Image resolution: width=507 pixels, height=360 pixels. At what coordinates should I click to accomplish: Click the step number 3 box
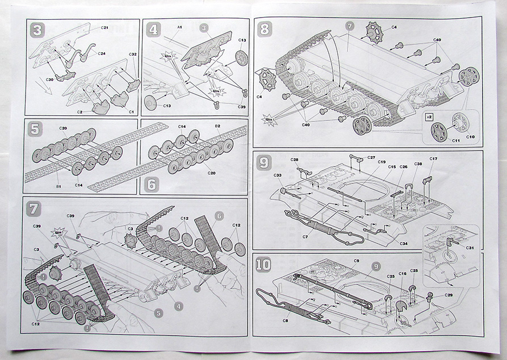pyautogui.click(x=37, y=30)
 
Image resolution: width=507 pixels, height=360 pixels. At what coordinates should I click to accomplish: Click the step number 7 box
pyautogui.click(x=35, y=208)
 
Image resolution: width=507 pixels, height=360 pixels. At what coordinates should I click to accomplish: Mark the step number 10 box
pyautogui.click(x=264, y=264)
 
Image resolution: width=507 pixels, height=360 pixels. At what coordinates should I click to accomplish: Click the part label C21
pyautogui.click(x=104, y=27)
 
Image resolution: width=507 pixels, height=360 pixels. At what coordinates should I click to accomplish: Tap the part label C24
pyautogui.click(x=102, y=54)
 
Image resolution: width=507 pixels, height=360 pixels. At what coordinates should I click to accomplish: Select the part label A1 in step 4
pyautogui.click(x=179, y=27)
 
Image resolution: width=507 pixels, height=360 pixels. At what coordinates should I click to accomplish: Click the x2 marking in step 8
pyautogui.click(x=430, y=116)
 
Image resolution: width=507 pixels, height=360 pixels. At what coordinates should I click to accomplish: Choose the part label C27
pyautogui.click(x=371, y=157)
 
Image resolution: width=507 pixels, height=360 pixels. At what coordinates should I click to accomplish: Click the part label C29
pyautogui.click(x=449, y=295)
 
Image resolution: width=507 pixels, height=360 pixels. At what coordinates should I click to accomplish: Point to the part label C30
pyautogui.click(x=49, y=79)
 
